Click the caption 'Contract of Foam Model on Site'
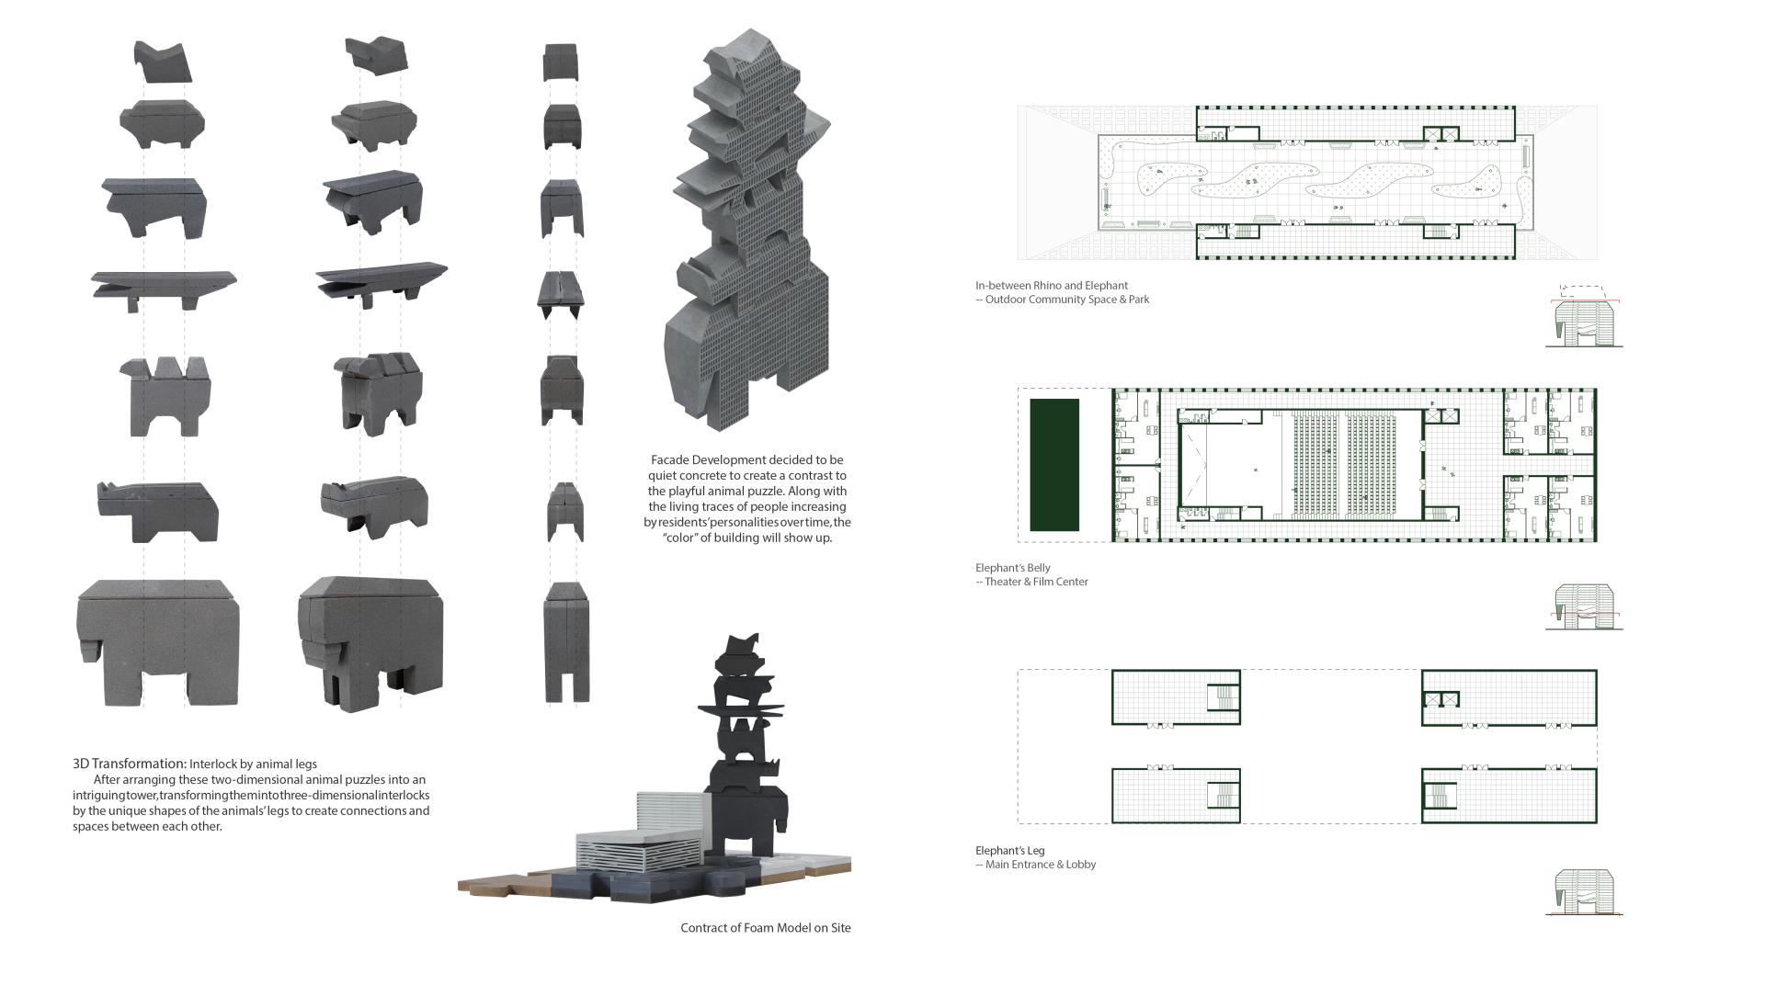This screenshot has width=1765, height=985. [766, 928]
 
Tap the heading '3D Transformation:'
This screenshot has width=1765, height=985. [130, 764]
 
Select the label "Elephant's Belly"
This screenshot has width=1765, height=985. [1013, 568]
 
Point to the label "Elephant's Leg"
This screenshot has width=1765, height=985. [1010, 851]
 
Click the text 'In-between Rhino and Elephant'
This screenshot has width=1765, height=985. [1052, 286]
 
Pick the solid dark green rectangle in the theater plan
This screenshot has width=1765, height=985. [1054, 465]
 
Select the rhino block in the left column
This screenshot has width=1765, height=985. [157, 511]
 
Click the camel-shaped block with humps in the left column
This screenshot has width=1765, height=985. [165, 396]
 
